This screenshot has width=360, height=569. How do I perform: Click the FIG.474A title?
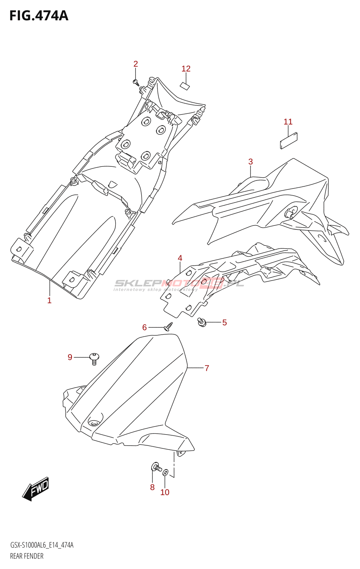(x=38, y=16)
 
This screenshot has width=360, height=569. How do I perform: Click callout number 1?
(x=49, y=301)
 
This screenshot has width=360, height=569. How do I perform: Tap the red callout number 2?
(x=136, y=64)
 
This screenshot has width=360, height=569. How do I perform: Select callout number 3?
(x=250, y=162)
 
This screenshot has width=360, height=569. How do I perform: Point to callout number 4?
(x=180, y=258)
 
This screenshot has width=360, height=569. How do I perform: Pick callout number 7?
(x=207, y=368)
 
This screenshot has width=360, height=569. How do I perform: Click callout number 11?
(x=288, y=122)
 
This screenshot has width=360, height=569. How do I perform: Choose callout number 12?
(x=186, y=69)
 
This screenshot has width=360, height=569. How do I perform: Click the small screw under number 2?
(x=136, y=83)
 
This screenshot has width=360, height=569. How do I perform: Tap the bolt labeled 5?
(x=202, y=322)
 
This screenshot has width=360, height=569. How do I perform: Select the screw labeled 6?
(x=169, y=326)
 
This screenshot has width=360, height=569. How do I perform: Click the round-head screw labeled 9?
(x=94, y=358)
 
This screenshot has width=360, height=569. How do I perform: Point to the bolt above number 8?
(x=156, y=467)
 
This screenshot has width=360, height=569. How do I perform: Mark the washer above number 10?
(x=165, y=473)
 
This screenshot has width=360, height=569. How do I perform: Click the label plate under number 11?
(x=288, y=141)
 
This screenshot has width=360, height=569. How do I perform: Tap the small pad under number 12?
(x=184, y=86)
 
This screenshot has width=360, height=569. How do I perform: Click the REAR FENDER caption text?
(x=27, y=556)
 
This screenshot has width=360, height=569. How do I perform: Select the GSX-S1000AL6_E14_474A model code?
(x=42, y=545)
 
